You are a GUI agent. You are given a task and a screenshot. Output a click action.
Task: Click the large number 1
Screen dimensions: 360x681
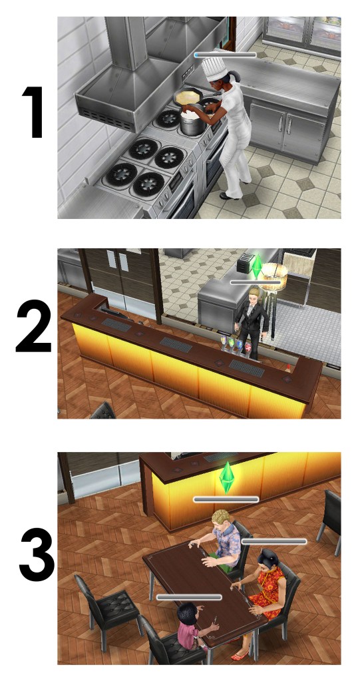tap(33, 112)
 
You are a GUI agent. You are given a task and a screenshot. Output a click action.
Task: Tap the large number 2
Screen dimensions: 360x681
tap(34, 326)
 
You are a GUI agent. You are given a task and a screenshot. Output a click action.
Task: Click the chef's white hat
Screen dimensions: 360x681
tap(214, 69)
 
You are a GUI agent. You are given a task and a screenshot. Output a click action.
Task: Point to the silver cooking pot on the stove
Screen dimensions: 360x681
tap(191, 122)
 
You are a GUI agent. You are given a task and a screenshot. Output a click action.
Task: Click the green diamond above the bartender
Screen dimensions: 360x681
tap(258, 266)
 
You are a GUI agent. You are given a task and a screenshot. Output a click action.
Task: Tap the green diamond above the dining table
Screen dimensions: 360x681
tap(226, 478)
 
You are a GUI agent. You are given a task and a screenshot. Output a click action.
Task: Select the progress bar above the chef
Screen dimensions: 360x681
tap(226, 55)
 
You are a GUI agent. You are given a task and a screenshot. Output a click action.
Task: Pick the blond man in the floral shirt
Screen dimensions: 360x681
tap(222, 540)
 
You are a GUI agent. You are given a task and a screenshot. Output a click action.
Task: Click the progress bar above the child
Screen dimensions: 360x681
tap(189, 597)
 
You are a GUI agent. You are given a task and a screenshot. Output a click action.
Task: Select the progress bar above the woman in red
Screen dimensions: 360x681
tap(274, 542)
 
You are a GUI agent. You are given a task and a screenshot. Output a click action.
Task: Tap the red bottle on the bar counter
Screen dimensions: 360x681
tap(287, 367)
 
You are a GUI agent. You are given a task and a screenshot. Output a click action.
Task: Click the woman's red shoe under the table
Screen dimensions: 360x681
tap(239, 655)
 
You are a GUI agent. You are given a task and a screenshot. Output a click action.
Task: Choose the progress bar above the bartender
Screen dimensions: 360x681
tap(256, 282)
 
